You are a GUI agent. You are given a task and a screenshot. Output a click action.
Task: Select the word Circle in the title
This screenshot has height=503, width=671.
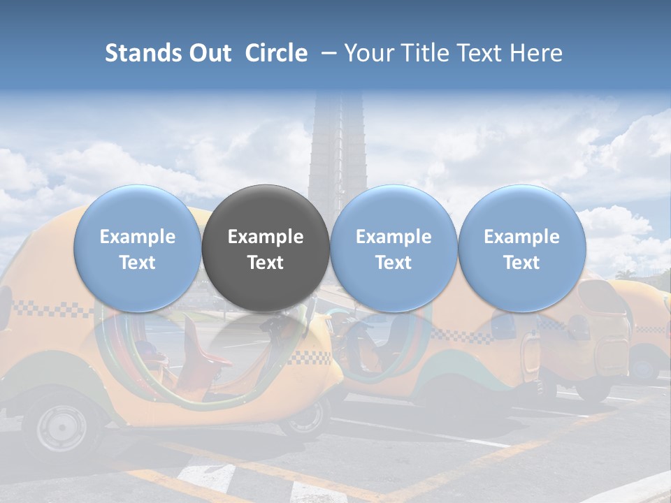tap(276, 53)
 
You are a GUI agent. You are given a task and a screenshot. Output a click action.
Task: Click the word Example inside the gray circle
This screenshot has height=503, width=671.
tap(266, 237)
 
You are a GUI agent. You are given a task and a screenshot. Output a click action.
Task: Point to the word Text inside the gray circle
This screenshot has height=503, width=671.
tap(266, 263)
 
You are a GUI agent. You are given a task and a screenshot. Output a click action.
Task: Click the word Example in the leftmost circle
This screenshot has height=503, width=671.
tap(138, 237)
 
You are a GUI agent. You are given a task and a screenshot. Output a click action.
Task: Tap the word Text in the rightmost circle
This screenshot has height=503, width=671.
tap(521, 263)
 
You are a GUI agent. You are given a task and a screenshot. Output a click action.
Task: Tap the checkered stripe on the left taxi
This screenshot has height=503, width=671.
tap(42, 308)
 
